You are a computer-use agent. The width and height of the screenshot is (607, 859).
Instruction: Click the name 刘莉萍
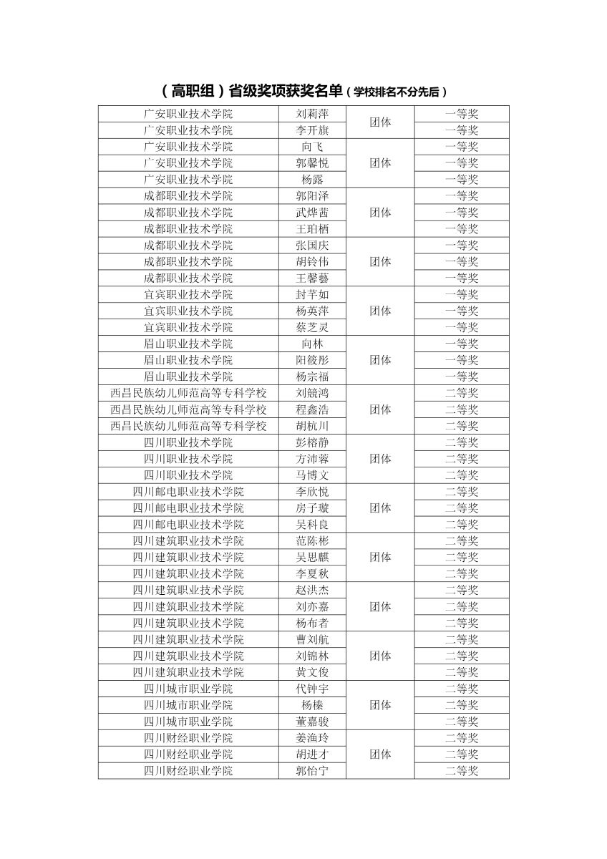tap(312, 114)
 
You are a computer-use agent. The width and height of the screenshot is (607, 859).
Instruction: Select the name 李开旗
tap(312, 130)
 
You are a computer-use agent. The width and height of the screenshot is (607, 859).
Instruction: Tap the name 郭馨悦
tap(312, 163)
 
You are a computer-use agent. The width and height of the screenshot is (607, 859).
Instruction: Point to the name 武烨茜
tap(312, 213)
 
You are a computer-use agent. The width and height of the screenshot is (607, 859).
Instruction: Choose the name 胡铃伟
tap(312, 262)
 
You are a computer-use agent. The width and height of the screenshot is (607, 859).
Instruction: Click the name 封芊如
tap(312, 295)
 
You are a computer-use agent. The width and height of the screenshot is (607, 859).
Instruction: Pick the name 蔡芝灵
tap(312, 328)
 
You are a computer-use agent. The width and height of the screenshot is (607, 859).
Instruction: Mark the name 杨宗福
tap(312, 377)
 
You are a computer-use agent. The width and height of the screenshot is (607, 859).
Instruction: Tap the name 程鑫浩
tap(312, 409)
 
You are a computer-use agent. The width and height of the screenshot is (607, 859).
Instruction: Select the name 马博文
tap(312, 475)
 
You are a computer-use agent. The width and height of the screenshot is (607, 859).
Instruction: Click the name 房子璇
tap(312, 508)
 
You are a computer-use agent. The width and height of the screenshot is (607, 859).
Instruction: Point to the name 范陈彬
tap(312, 541)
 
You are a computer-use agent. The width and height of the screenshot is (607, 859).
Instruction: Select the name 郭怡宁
tap(312, 771)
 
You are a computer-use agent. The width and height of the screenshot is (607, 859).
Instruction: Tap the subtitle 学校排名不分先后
tap(396, 92)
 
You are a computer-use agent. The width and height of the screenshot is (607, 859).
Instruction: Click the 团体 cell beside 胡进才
tap(380, 754)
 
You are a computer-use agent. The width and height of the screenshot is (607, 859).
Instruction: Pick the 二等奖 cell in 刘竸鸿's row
tap(462, 393)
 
